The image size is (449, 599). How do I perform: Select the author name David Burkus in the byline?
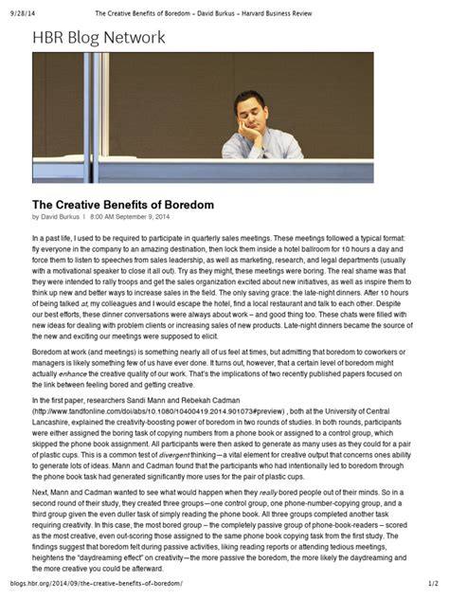pos(63,217)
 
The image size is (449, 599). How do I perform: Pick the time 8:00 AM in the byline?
pos(106,217)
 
